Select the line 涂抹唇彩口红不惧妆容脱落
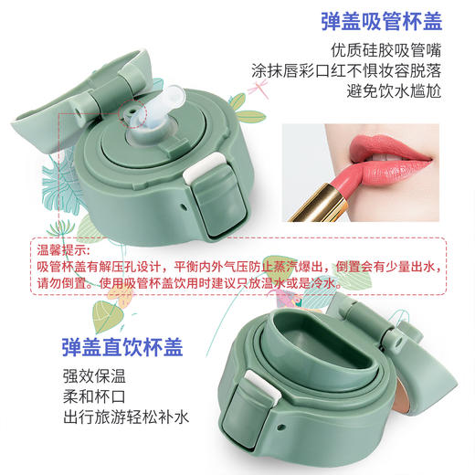[x=379, y=72]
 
